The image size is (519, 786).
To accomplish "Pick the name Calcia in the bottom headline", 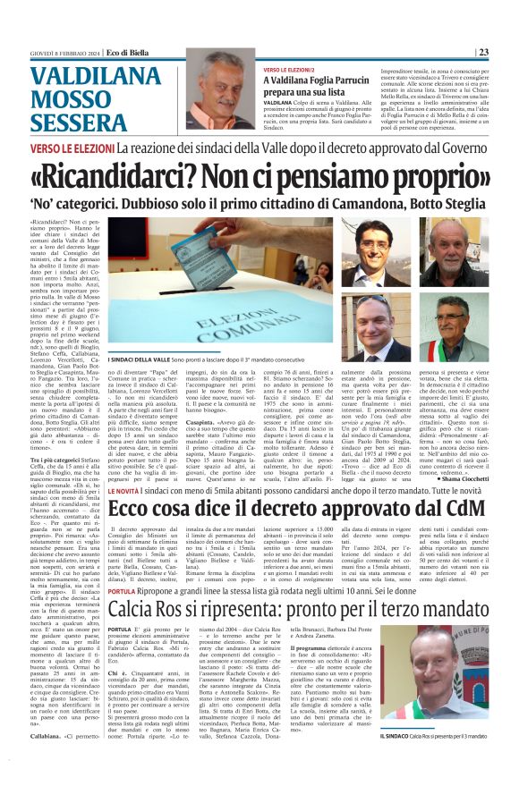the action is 139,611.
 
